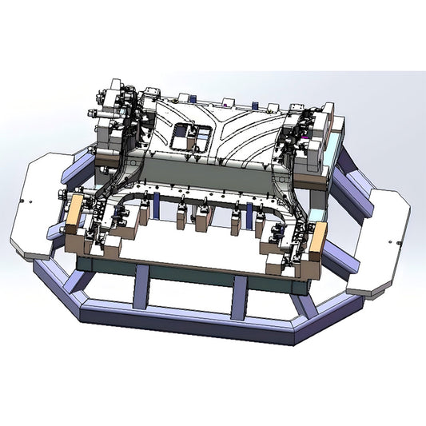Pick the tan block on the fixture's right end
[x=318, y=240]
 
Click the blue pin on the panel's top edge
[x=253, y=106]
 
